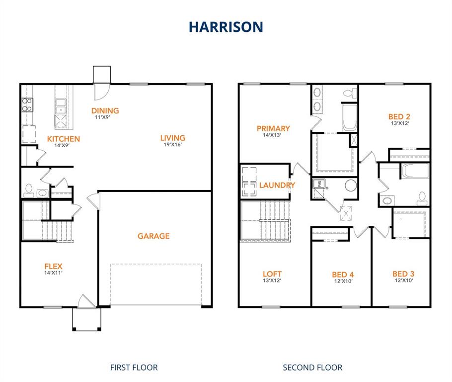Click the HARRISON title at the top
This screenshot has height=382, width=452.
point(226,26)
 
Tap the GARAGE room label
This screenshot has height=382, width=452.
point(153,236)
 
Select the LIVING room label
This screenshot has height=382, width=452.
point(172,138)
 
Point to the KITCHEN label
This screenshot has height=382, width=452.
point(64,139)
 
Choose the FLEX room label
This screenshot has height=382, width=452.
point(53,266)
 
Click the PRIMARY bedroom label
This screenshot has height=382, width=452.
point(273,128)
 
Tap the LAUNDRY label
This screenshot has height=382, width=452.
point(277,185)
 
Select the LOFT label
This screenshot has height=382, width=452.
point(272,274)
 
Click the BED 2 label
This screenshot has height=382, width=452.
point(399,117)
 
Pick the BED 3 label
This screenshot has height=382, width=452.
point(403,274)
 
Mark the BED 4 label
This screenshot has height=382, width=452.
point(343,275)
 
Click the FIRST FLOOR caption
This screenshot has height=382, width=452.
point(134,368)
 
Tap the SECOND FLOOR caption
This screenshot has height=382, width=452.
point(312,368)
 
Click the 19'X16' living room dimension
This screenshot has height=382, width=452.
point(172,145)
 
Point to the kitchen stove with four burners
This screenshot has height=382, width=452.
point(27,104)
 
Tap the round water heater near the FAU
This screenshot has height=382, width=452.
point(351,186)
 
